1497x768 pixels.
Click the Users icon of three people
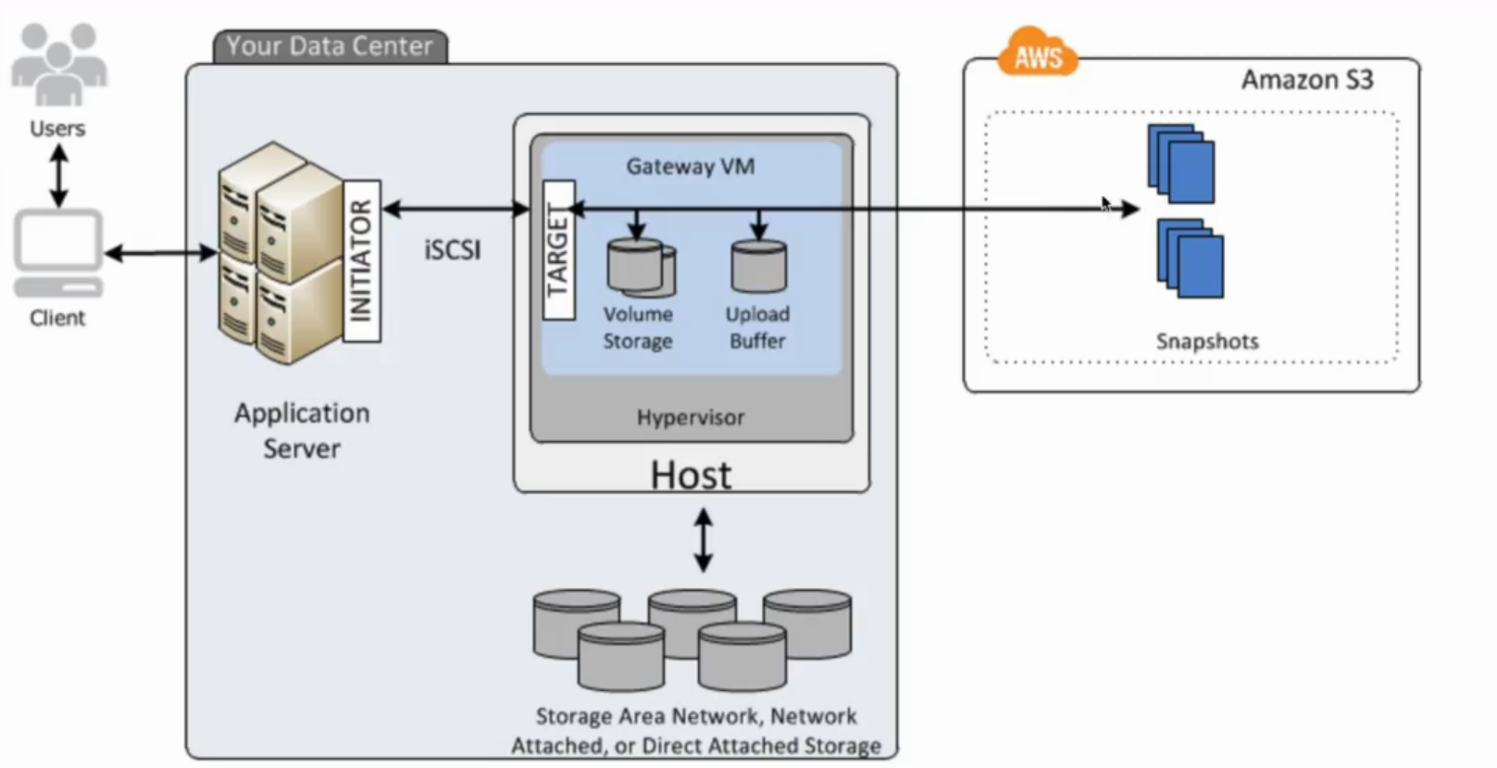click(58, 65)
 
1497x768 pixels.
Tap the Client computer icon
click(57, 250)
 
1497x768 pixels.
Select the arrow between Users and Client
click(58, 176)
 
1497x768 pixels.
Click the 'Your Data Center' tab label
click(330, 46)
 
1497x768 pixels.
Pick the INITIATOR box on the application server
click(361, 260)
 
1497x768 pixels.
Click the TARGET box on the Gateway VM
click(558, 249)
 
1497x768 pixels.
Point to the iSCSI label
click(453, 250)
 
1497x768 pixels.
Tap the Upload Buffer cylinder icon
click(758, 267)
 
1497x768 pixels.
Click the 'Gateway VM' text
click(691, 167)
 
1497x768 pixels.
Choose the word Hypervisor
click(691, 418)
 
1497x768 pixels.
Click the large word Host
click(691, 475)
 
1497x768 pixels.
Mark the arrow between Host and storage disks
click(704, 539)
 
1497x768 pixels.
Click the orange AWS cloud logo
click(1037, 55)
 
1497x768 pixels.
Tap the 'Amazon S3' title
click(1307, 80)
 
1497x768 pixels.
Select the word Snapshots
click(1207, 341)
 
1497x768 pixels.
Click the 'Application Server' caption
click(302, 431)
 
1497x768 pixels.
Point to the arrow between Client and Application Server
click(160, 252)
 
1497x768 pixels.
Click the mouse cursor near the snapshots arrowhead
click(1105, 204)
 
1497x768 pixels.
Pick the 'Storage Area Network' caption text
click(696, 730)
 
